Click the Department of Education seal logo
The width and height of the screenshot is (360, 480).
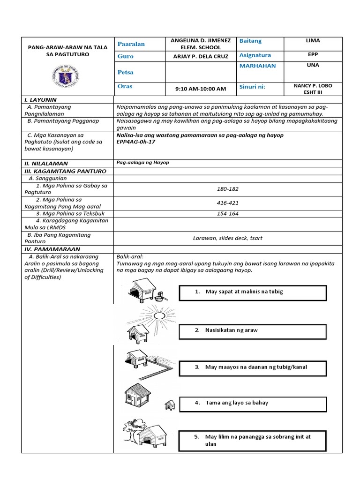point(67,75)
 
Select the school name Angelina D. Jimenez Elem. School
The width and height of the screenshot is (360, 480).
point(200,44)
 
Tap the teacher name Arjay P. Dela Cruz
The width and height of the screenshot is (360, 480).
point(200,56)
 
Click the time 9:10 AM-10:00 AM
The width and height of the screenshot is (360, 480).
point(200,89)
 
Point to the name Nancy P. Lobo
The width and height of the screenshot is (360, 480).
point(312,86)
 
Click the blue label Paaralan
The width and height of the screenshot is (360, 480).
point(131,44)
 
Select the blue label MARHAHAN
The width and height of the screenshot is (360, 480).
point(257,66)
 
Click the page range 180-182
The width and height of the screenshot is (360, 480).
point(228,189)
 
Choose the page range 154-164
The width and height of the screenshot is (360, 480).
point(228,214)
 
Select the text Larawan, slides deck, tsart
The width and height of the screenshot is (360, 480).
point(228,238)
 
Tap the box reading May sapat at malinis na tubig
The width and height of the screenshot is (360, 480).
point(253,292)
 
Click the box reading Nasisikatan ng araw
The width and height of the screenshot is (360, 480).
point(253,330)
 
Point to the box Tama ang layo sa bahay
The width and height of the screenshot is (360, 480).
point(253,403)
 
